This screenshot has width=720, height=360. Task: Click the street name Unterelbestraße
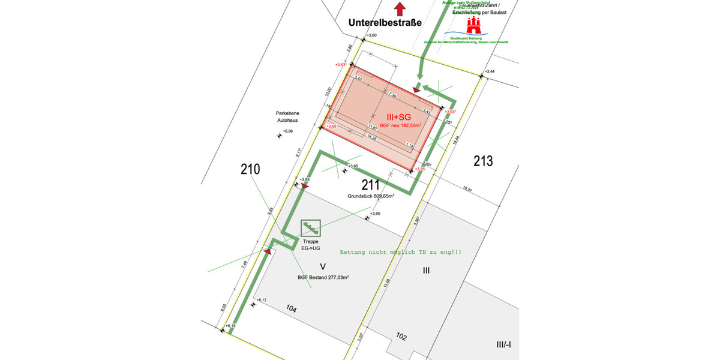385,23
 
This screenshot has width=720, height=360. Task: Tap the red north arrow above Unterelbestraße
400,8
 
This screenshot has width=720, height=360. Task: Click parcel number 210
250,169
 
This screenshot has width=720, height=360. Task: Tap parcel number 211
371,184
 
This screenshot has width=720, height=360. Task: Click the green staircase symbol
310,227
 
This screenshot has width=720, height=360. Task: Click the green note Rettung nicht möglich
401,253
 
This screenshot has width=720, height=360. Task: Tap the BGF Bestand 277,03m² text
323,277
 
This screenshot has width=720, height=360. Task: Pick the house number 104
291,309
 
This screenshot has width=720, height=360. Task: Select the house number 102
401,337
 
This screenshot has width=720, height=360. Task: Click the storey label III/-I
502,344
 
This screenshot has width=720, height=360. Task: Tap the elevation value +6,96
288,131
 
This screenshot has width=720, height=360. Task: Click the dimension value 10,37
468,190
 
